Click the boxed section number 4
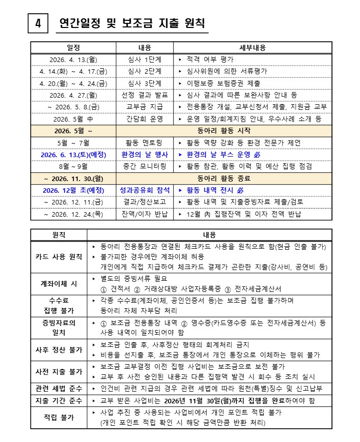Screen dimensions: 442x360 [39, 23]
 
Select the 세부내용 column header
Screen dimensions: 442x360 [254, 48]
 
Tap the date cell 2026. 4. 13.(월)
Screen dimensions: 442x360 [73, 60]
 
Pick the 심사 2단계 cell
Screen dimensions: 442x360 [145, 71]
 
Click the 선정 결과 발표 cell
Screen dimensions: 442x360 [145, 95]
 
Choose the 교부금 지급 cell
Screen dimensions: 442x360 [145, 107]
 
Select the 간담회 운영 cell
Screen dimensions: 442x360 [145, 119]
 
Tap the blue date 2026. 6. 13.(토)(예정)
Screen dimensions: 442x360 [73, 154]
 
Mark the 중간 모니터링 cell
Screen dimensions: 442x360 [145, 166]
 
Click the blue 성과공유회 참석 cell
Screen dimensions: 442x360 [145, 190]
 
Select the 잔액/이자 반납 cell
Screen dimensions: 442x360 [145, 214]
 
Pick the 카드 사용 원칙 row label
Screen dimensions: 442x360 [59, 256]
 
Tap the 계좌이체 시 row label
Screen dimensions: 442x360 [59, 283]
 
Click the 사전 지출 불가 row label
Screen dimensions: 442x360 [59, 371]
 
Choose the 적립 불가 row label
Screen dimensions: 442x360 [59, 418]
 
